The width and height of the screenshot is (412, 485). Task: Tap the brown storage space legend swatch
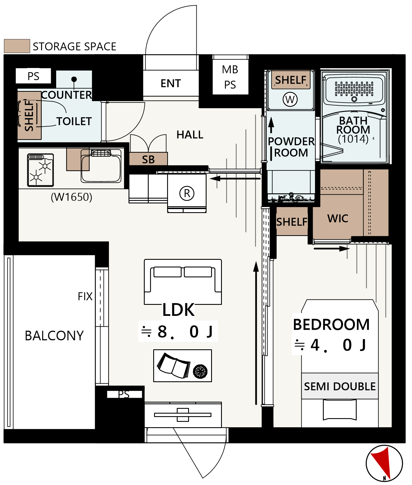[17, 46]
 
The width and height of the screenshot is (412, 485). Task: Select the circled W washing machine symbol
[290, 99]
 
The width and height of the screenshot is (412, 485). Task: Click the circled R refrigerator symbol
[187, 193]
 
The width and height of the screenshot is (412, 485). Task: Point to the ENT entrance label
[171, 83]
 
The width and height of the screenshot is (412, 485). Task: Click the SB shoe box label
[148, 159]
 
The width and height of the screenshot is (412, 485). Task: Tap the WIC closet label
[338, 218]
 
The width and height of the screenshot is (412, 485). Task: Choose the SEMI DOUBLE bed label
[340, 386]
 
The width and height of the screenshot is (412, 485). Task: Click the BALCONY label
[54, 335]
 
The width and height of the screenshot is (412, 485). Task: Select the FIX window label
[85, 296]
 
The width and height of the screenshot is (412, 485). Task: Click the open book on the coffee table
[174, 365]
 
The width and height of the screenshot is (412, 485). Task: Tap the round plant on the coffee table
[200, 371]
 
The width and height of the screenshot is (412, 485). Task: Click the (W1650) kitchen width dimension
[72, 197]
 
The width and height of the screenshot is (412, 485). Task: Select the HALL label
[190, 135]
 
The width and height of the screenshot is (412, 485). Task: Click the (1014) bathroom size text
[353, 139]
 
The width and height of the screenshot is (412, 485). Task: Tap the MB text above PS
[230, 69]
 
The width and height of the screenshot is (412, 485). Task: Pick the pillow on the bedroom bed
[340, 410]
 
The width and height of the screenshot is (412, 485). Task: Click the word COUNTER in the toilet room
[67, 95]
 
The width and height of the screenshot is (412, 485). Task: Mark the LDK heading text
[178, 310]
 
